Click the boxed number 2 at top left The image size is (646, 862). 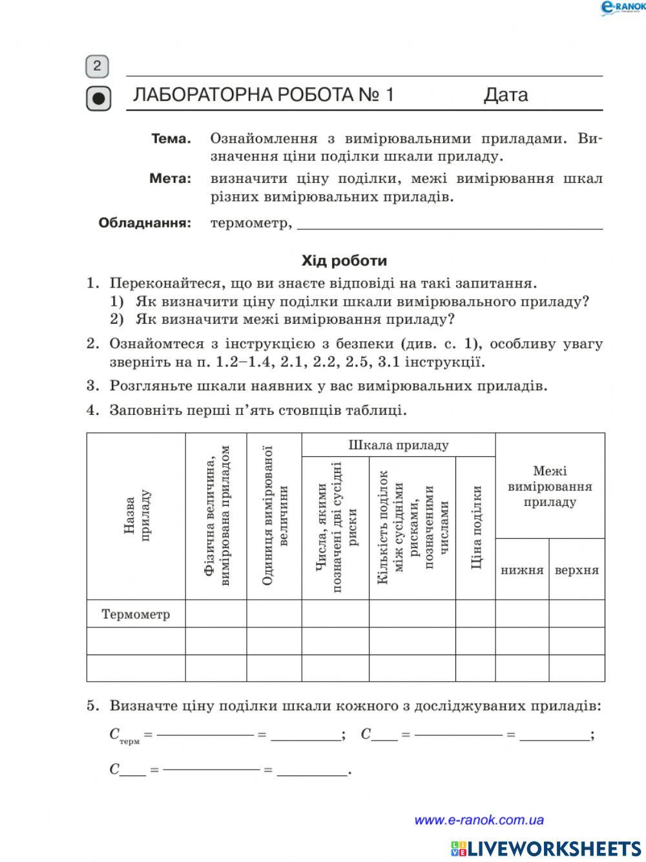pos(97,66)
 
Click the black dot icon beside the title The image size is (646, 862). pos(98,99)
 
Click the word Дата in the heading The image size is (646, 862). pos(506,95)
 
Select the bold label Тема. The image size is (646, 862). pos(171,139)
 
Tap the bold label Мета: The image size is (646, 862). pos(171,179)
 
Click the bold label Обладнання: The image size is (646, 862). pos(145,224)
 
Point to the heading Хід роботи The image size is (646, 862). pos(344,261)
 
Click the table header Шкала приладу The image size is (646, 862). pos(399,445)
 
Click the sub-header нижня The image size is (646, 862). pos(522,570)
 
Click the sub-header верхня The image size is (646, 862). pos(577,570)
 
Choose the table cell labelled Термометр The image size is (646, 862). pos(136,614)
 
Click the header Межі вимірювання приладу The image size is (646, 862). pos(550,487)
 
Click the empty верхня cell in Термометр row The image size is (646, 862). pos(577,614)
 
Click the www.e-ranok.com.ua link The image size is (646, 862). pos(479,820)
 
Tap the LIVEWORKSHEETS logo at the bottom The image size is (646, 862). pos(546,848)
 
